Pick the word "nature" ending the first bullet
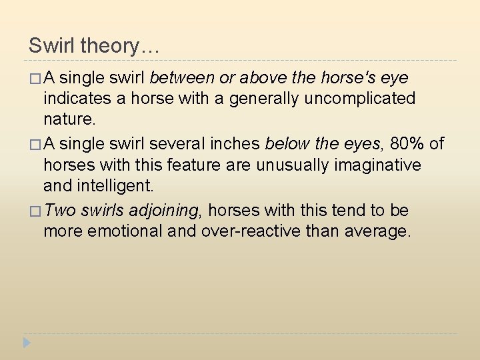point(68,120)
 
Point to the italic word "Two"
point(61,211)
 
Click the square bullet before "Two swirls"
point(35,211)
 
